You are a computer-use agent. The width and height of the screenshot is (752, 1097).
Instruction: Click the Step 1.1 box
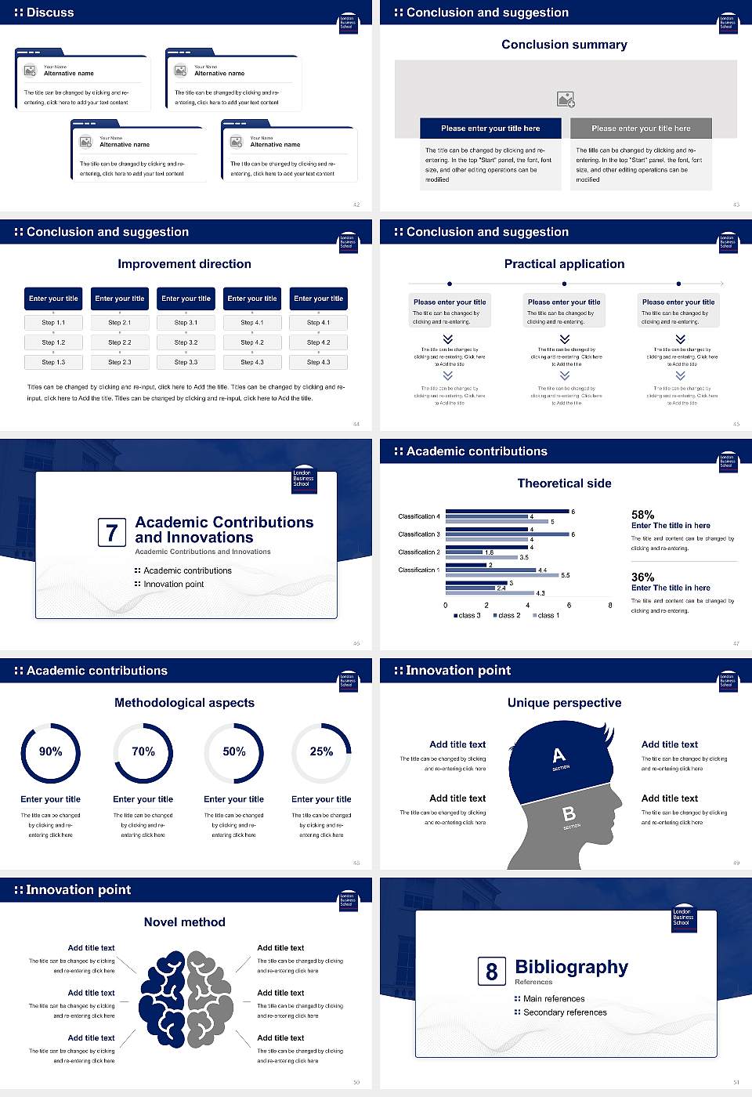click(x=53, y=323)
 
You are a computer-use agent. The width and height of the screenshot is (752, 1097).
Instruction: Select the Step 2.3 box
click(x=120, y=363)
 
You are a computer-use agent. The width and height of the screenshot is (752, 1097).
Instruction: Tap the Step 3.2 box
click(x=186, y=342)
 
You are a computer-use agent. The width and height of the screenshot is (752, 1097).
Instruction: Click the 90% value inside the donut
click(x=51, y=751)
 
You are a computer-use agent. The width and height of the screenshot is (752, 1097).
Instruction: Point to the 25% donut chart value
click(x=321, y=751)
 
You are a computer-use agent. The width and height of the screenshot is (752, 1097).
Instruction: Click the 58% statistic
click(x=642, y=515)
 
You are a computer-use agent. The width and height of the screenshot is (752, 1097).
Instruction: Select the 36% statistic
click(x=642, y=577)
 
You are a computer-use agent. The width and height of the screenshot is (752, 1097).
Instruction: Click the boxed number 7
click(x=111, y=533)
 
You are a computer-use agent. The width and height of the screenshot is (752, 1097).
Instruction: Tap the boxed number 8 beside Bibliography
click(x=491, y=972)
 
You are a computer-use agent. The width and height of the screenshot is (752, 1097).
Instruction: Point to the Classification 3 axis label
click(x=419, y=534)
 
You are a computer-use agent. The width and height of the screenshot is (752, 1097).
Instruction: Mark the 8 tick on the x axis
click(x=610, y=605)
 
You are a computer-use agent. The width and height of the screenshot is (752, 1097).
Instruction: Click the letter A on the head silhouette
click(x=559, y=755)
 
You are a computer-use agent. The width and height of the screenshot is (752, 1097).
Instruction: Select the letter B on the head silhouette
click(x=569, y=814)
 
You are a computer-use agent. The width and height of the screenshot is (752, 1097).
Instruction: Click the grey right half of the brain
click(x=210, y=999)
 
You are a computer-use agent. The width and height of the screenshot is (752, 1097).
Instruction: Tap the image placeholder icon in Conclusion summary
click(x=566, y=99)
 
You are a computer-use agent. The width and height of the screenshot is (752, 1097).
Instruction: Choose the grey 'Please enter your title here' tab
click(x=641, y=129)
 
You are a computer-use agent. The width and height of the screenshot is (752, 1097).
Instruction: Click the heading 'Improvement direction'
click(x=184, y=264)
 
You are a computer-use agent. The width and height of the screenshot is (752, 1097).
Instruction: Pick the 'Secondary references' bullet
click(x=565, y=1012)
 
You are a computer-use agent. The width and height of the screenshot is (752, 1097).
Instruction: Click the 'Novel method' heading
click(x=184, y=922)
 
